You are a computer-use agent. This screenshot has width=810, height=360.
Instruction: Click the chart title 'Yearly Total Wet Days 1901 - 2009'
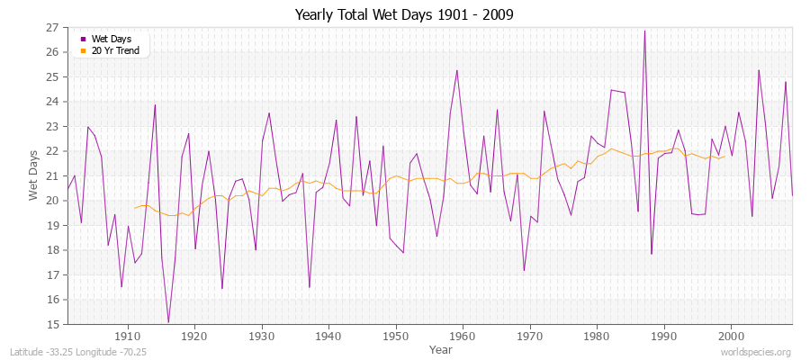pyautogui.click(x=404, y=15)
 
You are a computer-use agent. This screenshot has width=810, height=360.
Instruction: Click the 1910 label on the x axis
pyautogui.click(x=128, y=336)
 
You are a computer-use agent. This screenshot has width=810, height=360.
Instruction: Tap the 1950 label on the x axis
pyautogui.click(x=395, y=336)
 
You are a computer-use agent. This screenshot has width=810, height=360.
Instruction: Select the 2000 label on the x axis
pyautogui.click(x=730, y=336)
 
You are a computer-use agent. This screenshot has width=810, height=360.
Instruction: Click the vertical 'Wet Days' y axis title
pyautogui.click(x=34, y=176)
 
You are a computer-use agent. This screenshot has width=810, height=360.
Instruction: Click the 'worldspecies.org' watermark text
pyautogui.click(x=756, y=351)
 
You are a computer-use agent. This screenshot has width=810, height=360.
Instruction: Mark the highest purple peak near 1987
pyautogui.click(x=644, y=31)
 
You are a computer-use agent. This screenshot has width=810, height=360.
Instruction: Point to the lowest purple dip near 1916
pyautogui.click(x=168, y=322)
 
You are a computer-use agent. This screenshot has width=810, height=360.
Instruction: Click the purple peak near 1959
pyautogui.click(x=457, y=70)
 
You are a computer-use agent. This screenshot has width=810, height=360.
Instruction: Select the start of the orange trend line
pyautogui.click(x=135, y=208)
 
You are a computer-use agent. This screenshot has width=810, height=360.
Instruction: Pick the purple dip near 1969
pyautogui.click(x=524, y=270)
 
